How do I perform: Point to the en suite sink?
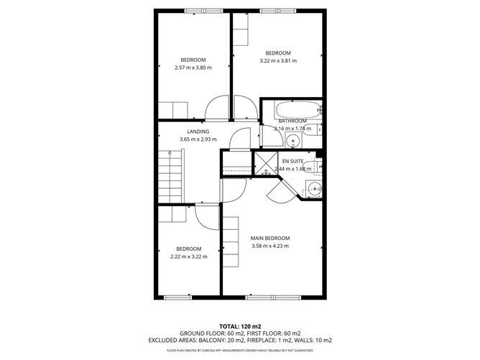click(x=314, y=189)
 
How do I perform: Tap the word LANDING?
click(x=198, y=131)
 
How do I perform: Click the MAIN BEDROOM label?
click(x=269, y=238)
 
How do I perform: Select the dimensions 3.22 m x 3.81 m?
click(x=277, y=61)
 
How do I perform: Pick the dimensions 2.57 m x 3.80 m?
click(x=193, y=68)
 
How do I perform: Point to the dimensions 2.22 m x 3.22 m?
click(x=188, y=257)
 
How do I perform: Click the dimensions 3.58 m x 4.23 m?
click(x=269, y=246)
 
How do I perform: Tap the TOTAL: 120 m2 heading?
click(x=239, y=326)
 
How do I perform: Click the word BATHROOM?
click(x=292, y=121)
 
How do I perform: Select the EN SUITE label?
click(x=292, y=161)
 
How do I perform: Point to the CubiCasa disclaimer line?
click(x=239, y=350)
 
